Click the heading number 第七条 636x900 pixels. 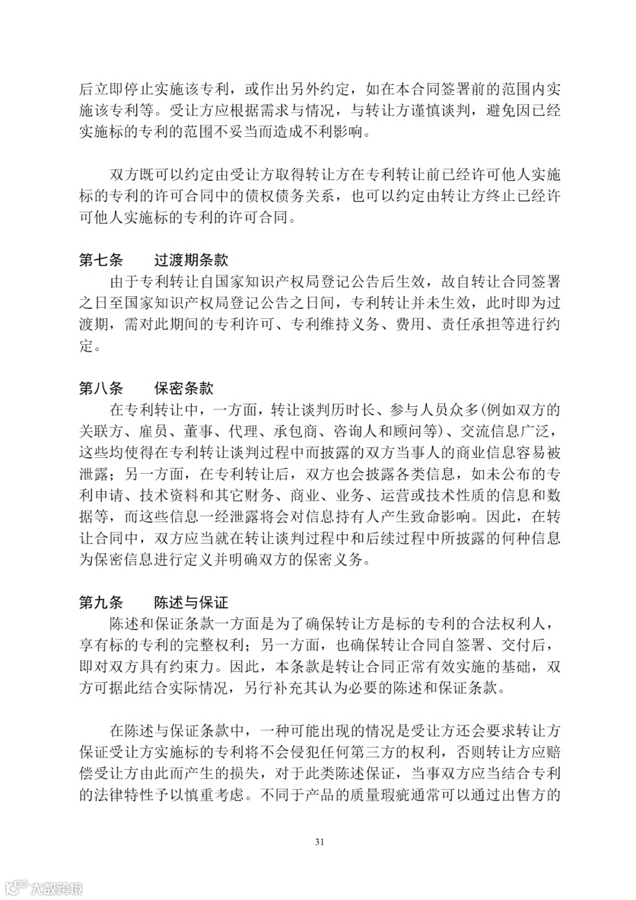coord(101,260)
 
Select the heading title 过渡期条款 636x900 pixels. coord(191,260)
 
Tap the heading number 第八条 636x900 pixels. coord(101,388)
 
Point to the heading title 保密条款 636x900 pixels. coord(184,388)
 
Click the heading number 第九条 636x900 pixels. coord(101,602)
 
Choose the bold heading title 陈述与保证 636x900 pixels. coord(191,602)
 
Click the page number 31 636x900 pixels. coord(319,841)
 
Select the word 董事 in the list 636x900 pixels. coord(198,431)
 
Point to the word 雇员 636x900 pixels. coord(154,431)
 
